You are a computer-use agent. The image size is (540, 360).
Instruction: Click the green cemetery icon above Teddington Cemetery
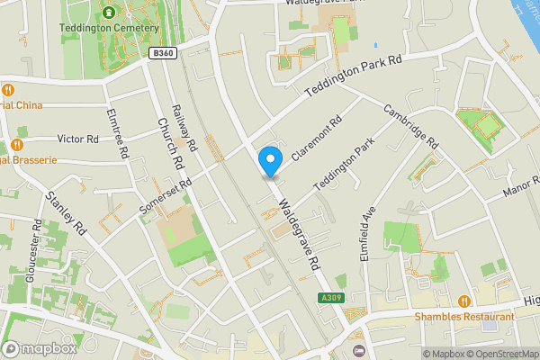(110, 12)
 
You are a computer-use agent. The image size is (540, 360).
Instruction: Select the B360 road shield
(163, 54)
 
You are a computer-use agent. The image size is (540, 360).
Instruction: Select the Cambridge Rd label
(410, 128)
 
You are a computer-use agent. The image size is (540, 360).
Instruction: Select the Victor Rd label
(77, 139)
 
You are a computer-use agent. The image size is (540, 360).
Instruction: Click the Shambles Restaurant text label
(464, 317)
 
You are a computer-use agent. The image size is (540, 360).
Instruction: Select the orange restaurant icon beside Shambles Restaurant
(464, 301)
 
